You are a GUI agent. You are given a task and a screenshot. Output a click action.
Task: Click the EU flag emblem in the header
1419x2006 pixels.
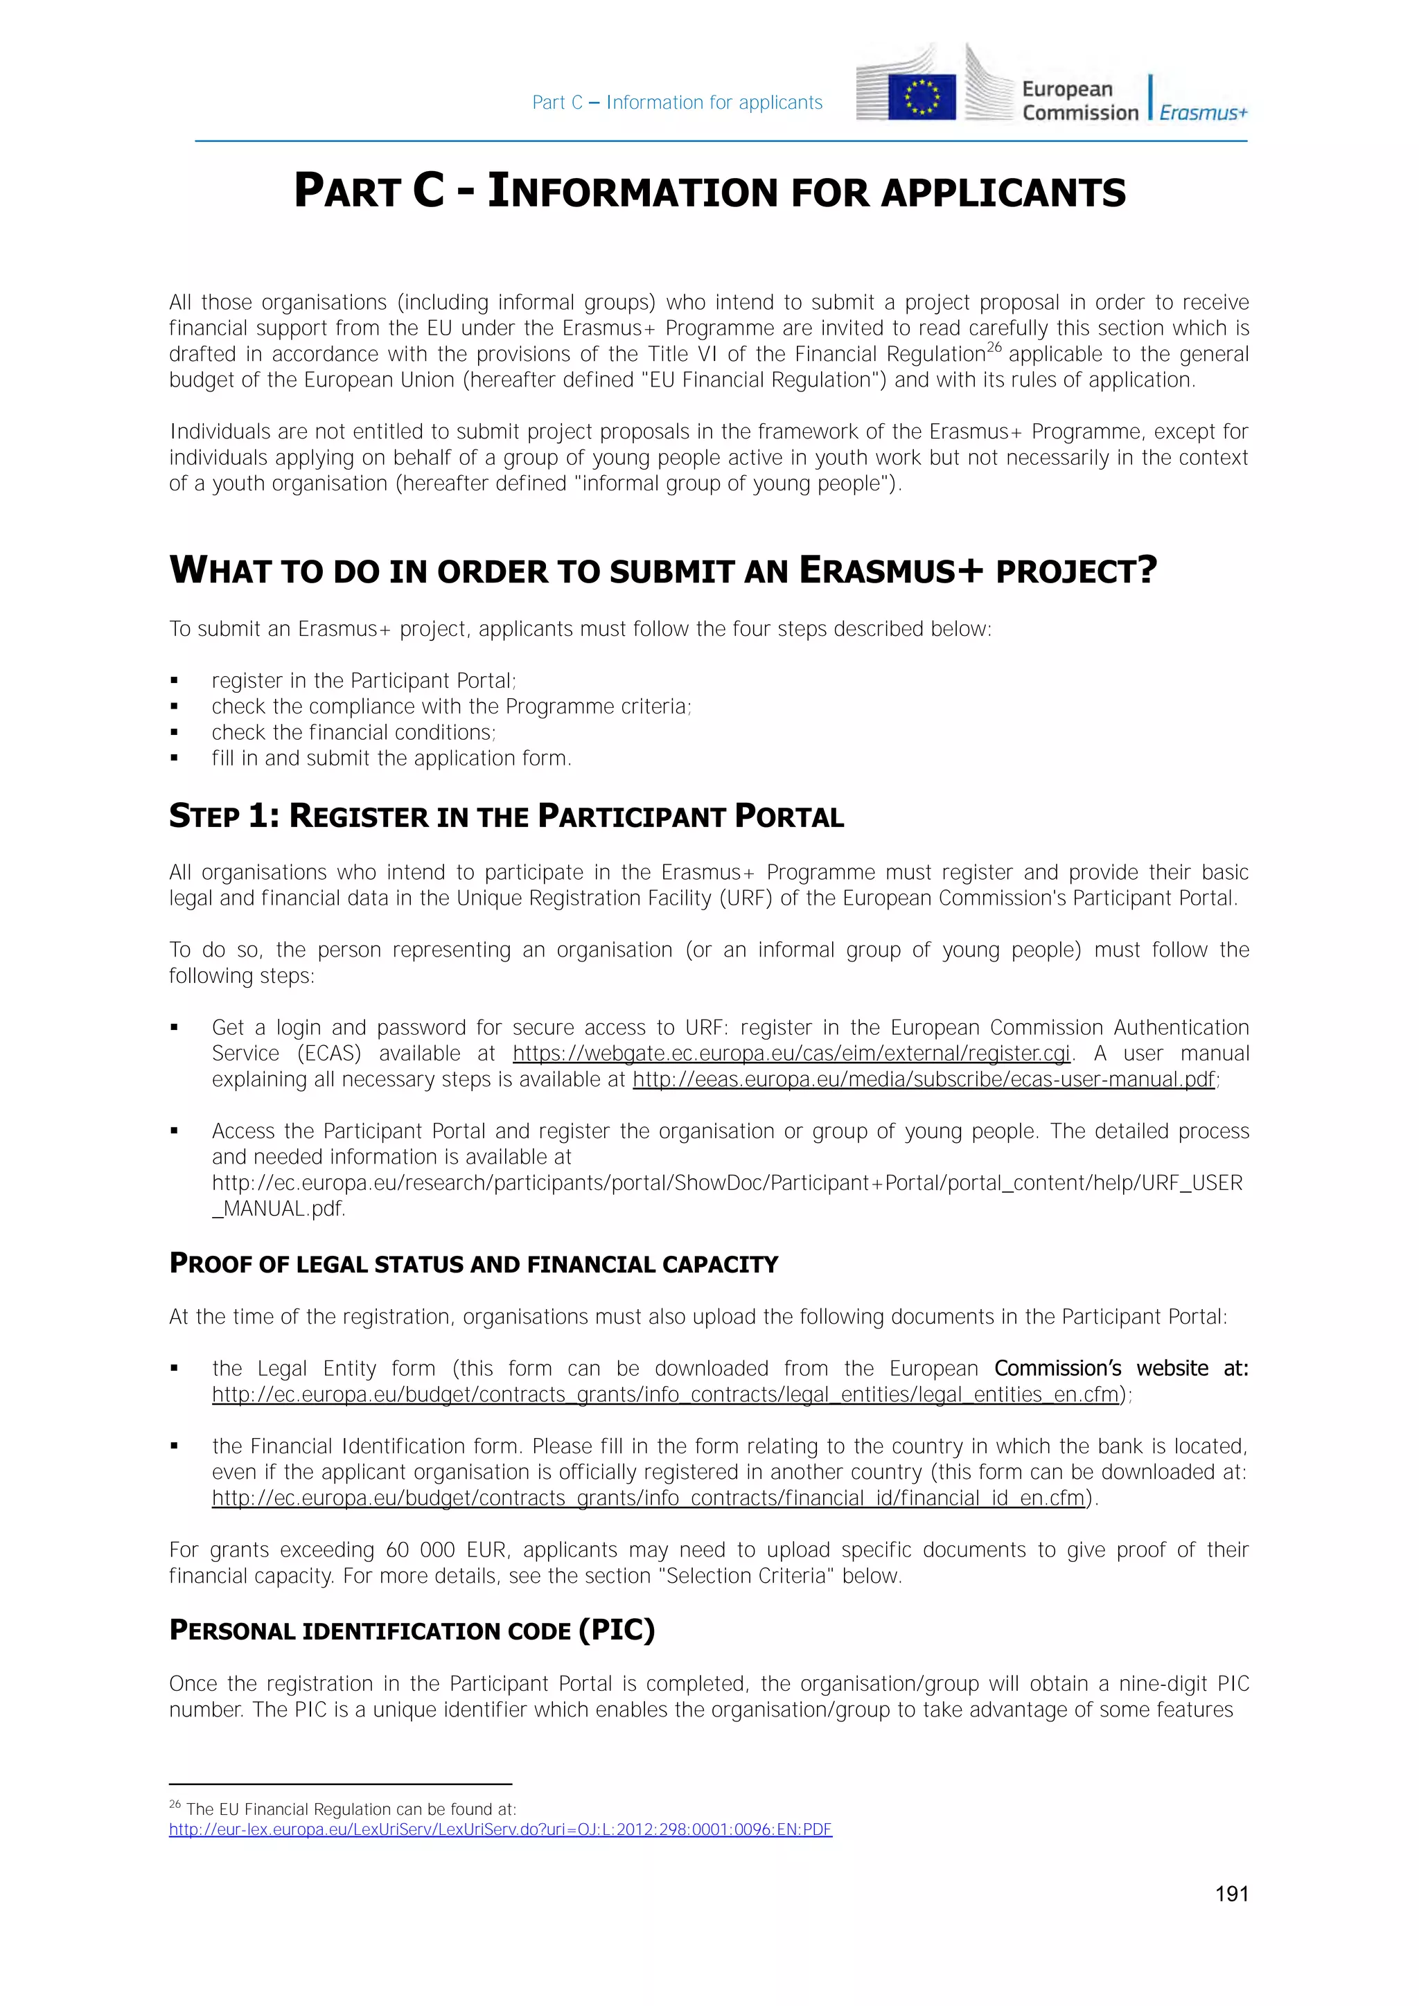pos(922,96)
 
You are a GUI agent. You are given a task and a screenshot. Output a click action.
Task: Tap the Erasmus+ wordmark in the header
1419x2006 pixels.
pos(1204,113)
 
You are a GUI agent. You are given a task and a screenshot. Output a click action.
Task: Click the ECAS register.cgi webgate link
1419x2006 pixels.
pos(791,1054)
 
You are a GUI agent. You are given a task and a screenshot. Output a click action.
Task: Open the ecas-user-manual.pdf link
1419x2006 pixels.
pos(924,1080)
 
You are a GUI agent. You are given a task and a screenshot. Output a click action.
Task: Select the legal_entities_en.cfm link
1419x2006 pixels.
pos(665,1394)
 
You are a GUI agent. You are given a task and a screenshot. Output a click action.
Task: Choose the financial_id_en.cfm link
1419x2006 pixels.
pos(647,1498)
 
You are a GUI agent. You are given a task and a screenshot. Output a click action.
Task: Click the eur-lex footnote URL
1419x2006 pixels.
pos(500,1829)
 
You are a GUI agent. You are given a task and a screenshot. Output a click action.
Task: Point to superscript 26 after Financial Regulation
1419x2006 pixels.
pos(994,348)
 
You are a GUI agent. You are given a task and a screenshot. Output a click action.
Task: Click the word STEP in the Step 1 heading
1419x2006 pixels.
pos(204,817)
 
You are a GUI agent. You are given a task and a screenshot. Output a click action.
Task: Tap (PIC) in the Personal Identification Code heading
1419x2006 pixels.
pos(617,1631)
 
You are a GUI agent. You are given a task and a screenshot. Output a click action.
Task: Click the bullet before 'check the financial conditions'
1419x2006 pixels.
pos(175,733)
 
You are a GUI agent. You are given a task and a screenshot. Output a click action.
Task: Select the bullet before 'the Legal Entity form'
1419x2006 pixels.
pos(175,1369)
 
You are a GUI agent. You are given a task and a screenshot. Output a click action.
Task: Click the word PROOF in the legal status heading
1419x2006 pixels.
pos(211,1264)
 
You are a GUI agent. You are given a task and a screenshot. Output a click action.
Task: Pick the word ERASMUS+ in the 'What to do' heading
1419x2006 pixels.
pos(890,571)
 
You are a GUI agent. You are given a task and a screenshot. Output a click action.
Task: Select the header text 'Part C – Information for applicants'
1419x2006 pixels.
pos(677,103)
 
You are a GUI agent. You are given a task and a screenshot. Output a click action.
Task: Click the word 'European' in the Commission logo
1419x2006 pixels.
pos(1067,89)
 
